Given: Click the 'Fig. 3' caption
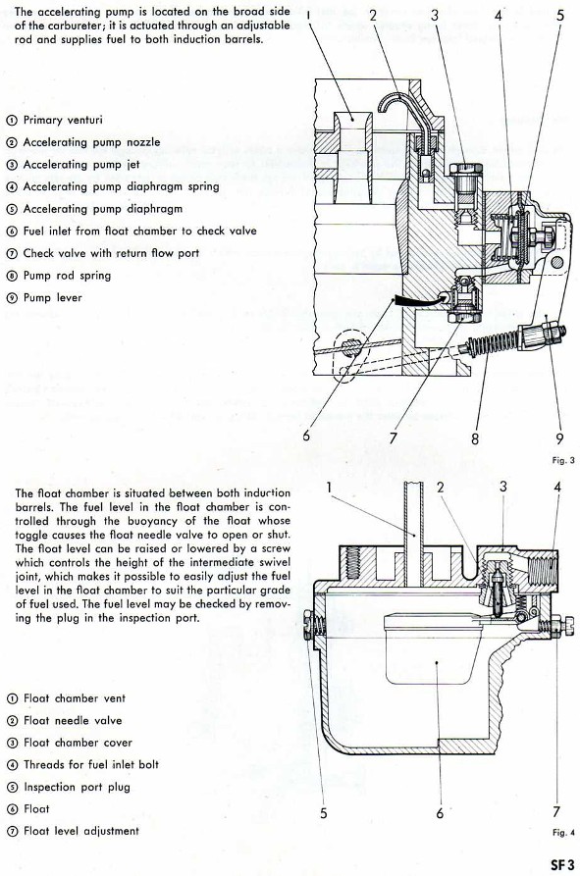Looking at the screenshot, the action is pos(562,460).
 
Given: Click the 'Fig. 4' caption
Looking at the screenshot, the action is pos(563,833).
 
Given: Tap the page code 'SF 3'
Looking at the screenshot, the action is pos(562,864).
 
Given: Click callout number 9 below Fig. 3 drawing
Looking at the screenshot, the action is pos(558,439).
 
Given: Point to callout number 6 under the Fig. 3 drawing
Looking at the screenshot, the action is pos(305,435).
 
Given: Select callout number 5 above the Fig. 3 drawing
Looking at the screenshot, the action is pos(560,16).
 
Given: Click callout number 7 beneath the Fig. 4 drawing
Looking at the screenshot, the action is pos(556,811).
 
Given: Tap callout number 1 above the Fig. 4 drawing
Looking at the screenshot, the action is pos(330,488).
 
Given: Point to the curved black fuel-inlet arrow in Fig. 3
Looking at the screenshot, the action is pos(420,300).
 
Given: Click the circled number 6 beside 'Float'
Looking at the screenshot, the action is pos(12,809).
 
